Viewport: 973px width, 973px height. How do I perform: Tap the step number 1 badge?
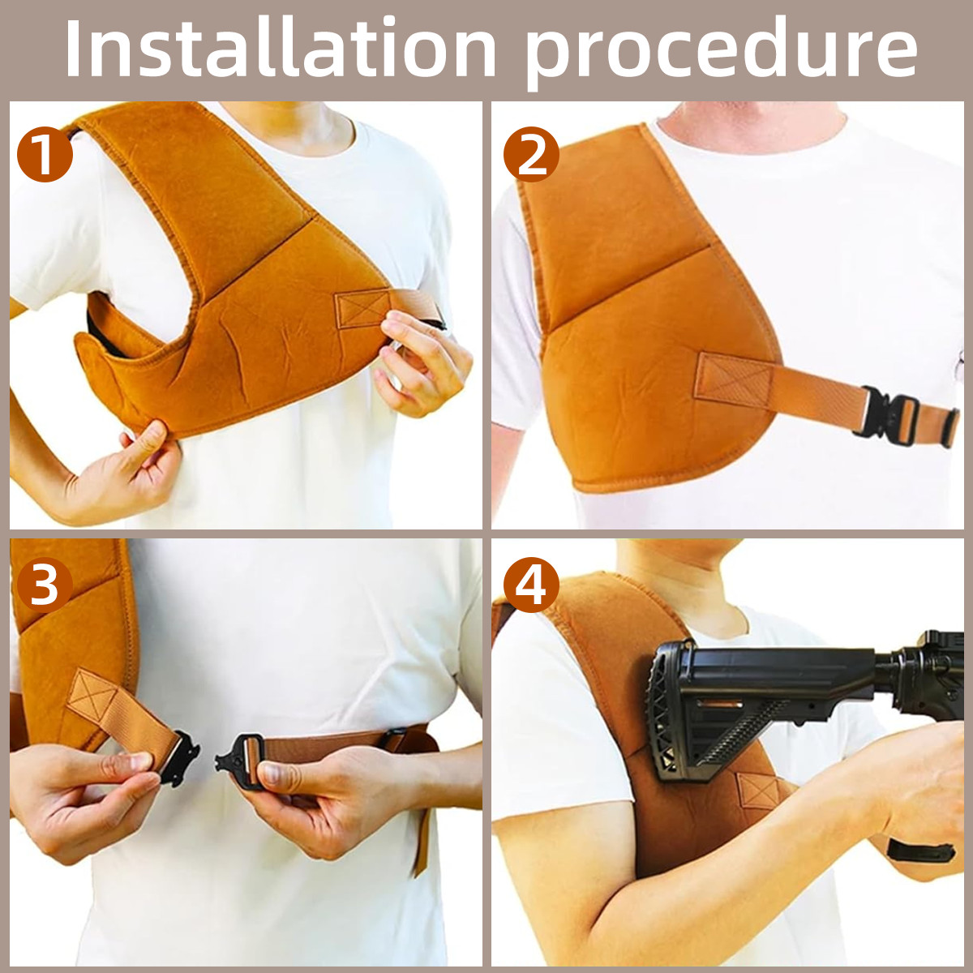click(x=45, y=153)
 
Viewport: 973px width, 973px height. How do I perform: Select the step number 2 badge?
click(x=530, y=153)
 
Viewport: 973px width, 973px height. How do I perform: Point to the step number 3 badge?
click(x=45, y=585)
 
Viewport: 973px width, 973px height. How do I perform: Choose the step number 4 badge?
click(x=530, y=585)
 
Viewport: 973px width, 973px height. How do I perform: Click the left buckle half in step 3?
click(x=181, y=756)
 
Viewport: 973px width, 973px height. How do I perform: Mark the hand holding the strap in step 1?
click(x=423, y=362)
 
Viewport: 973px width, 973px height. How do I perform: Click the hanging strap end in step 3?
click(x=421, y=834)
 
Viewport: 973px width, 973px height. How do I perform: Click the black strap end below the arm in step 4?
click(x=920, y=852)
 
